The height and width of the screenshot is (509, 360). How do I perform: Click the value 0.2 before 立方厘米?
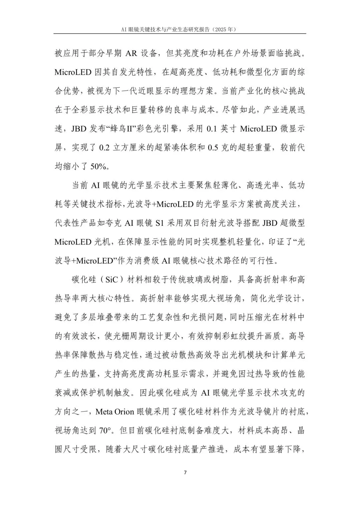pyautogui.click(x=104, y=148)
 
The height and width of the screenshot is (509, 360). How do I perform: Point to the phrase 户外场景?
pyautogui.click(x=252, y=53)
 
